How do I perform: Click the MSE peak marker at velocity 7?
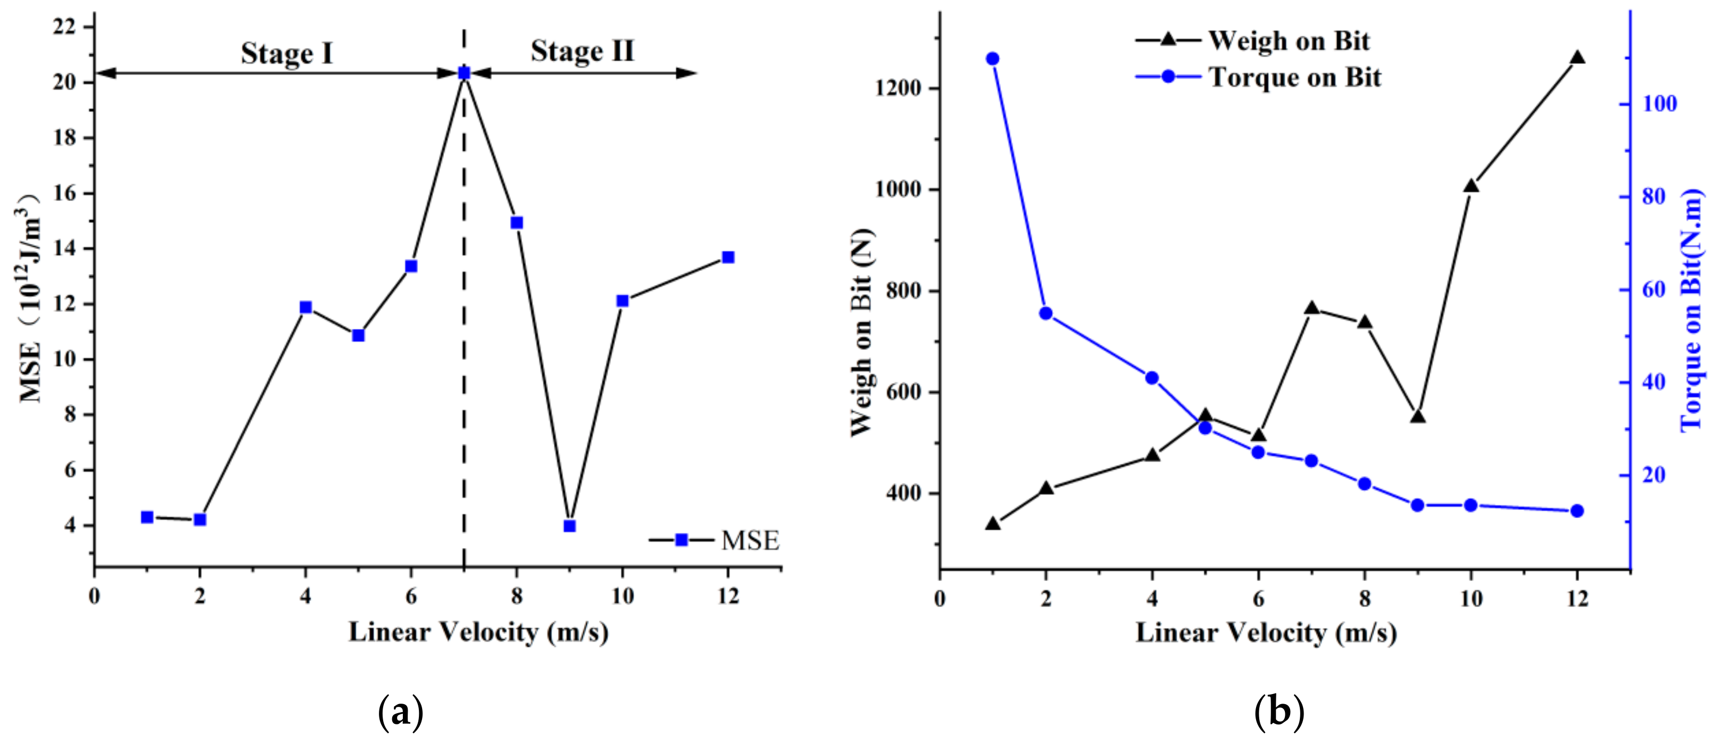[x=464, y=73]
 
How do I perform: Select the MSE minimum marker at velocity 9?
[x=570, y=526]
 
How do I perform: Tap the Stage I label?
[x=287, y=53]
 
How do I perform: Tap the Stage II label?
[x=582, y=51]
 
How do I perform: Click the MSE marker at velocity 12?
[x=728, y=257]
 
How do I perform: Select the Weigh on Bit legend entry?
[x=1252, y=41]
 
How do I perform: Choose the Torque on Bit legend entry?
[x=1258, y=77]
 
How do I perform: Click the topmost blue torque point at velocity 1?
[x=992, y=59]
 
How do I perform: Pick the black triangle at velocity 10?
[x=1471, y=187]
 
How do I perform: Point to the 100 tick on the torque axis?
[x=1657, y=104]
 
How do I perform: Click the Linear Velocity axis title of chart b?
[x=1266, y=632]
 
